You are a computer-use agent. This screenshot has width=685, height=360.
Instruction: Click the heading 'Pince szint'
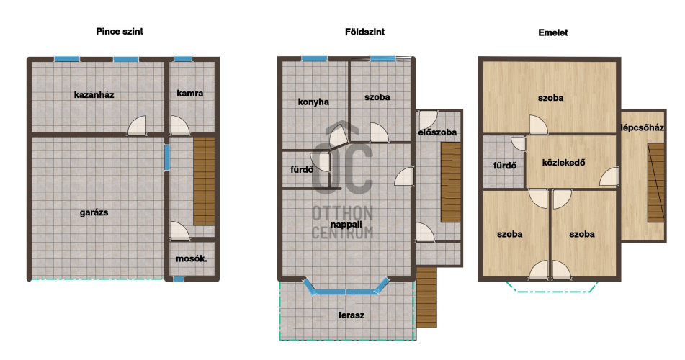120,32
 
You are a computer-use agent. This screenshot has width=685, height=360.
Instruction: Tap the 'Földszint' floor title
364,32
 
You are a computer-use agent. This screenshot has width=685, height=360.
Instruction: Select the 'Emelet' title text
553,32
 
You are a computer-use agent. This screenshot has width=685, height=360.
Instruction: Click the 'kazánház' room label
94,95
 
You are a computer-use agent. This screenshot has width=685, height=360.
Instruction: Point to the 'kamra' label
190,93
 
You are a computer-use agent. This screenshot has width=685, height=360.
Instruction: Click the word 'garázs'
94,213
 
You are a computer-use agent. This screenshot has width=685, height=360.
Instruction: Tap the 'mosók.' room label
192,258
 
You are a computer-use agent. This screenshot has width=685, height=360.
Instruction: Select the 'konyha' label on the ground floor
313,102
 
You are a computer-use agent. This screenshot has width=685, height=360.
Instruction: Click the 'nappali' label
346,225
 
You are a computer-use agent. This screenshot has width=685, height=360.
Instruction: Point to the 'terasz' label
352,315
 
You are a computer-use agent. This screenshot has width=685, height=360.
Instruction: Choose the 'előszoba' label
437,132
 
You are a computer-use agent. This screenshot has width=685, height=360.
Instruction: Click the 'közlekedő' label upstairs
563,163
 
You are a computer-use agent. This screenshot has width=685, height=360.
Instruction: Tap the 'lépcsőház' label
643,127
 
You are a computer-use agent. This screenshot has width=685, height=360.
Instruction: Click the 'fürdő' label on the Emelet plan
505,166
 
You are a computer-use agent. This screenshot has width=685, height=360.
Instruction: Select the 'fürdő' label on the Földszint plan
302,169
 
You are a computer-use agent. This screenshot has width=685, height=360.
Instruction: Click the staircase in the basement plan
204,181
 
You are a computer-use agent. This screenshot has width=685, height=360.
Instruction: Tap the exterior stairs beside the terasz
426,297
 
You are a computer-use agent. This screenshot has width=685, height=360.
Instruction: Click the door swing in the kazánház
137,125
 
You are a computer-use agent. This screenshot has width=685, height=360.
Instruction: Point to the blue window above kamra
183,59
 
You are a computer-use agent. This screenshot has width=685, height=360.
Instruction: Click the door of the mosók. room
179,231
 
